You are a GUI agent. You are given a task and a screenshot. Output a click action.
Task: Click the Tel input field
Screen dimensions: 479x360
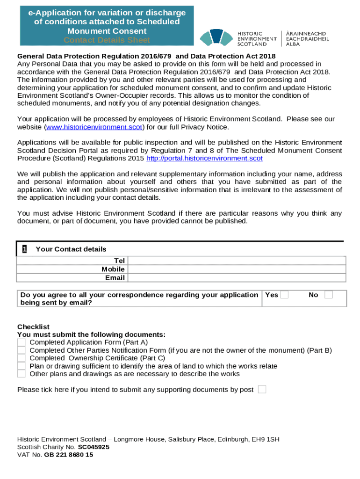(237, 261)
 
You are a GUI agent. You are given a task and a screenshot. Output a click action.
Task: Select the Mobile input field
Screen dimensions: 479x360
(237, 269)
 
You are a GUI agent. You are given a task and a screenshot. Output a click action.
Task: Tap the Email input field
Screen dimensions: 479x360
(237, 278)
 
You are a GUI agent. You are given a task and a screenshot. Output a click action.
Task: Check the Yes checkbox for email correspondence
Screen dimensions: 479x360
(284, 295)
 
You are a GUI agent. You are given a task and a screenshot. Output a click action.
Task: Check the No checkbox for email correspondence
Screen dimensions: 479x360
(329, 295)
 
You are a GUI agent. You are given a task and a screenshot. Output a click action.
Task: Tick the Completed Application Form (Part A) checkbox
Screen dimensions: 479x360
(22, 342)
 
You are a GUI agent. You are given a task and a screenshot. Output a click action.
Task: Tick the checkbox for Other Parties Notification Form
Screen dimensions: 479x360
(22, 350)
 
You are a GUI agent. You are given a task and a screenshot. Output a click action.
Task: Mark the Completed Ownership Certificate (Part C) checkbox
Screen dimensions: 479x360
(22, 358)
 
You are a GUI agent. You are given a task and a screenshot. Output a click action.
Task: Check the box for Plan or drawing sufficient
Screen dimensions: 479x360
(22, 366)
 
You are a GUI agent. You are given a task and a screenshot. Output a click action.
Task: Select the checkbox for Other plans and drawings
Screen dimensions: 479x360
(22, 374)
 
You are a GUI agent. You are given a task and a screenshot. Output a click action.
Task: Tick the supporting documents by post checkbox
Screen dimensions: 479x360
(262, 390)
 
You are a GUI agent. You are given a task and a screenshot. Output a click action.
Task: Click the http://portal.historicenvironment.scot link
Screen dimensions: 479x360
(204, 159)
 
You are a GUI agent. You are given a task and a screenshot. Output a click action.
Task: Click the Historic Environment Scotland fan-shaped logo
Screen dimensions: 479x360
(216, 37)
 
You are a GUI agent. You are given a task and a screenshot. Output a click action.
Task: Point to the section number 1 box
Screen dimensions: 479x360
(24, 249)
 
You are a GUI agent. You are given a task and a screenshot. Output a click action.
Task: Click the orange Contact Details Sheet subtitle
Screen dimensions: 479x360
(107, 40)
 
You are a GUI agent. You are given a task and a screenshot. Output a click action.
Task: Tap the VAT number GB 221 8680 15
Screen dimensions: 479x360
(68, 455)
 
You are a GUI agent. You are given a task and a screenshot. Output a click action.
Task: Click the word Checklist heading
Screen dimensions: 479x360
(33, 327)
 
